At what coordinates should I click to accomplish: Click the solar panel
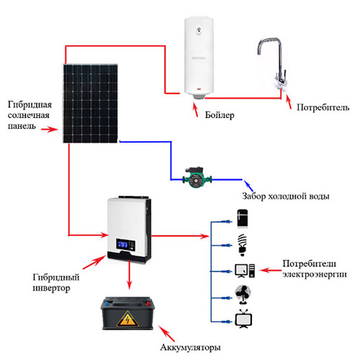pos(91,104)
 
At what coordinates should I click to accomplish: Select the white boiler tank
pos(199,58)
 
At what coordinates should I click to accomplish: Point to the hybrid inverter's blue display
pos(122,244)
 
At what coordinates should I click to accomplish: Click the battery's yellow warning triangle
pos(127,319)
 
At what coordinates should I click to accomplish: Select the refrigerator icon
pos(243,218)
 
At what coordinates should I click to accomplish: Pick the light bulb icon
pos(243,245)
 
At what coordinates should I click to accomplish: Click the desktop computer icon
pos(245,271)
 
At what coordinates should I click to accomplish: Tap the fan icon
pos(243,294)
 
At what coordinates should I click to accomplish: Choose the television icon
pos(243,319)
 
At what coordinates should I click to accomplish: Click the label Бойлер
pos(220,115)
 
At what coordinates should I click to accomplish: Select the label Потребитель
pos(323,107)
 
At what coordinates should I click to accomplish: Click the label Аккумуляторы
pos(190,347)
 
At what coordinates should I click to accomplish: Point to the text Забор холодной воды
pos(286,196)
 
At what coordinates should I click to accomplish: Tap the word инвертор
pos(51,288)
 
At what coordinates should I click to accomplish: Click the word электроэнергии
pos(315,274)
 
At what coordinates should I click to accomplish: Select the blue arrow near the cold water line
pos(248,185)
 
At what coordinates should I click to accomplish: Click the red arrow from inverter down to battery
pos(130,275)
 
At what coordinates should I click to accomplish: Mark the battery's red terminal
pos(148,304)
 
